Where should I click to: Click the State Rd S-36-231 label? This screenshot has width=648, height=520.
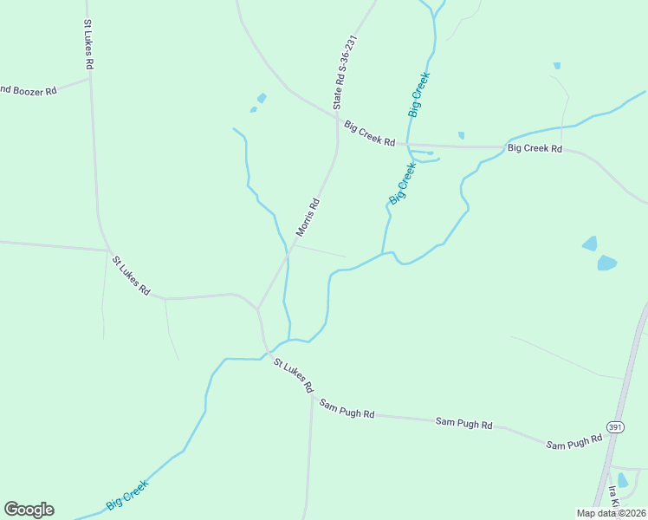click(x=345, y=73)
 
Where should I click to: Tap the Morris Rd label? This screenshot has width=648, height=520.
click(x=308, y=218)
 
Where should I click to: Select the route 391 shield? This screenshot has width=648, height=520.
click(x=615, y=427)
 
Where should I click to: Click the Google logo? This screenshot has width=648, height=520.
click(x=29, y=510)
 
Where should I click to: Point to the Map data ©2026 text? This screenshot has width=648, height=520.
click(x=611, y=513)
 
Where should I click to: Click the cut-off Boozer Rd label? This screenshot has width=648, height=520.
click(x=28, y=90)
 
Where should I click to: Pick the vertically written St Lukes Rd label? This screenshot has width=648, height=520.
click(x=88, y=45)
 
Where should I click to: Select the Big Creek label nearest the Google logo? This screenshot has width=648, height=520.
click(x=127, y=495)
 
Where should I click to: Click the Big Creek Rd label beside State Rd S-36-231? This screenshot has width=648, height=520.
click(x=369, y=133)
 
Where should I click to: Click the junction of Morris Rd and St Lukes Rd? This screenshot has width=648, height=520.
click(x=257, y=309)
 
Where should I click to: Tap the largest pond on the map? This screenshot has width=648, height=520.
click(x=606, y=263)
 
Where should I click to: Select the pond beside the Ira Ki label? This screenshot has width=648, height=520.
click(x=623, y=479)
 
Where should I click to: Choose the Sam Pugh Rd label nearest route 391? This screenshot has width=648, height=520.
click(x=573, y=443)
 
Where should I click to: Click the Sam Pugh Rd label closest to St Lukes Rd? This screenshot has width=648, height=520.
click(x=347, y=409)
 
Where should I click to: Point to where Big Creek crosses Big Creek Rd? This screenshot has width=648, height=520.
click(x=409, y=145)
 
